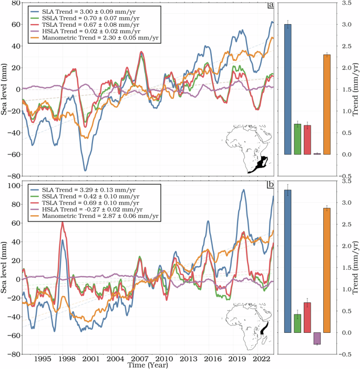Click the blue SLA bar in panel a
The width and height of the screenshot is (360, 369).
(x=287, y=89)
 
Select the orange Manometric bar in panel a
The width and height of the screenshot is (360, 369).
(x=326, y=104)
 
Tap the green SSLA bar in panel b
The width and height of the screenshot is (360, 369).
(x=297, y=323)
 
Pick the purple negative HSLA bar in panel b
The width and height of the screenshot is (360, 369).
(x=317, y=339)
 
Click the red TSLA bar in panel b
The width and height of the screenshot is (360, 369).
(x=307, y=318)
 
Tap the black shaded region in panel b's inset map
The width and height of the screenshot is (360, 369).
(x=264, y=329)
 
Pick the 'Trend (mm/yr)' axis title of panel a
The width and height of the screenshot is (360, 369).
(x=356, y=89)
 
